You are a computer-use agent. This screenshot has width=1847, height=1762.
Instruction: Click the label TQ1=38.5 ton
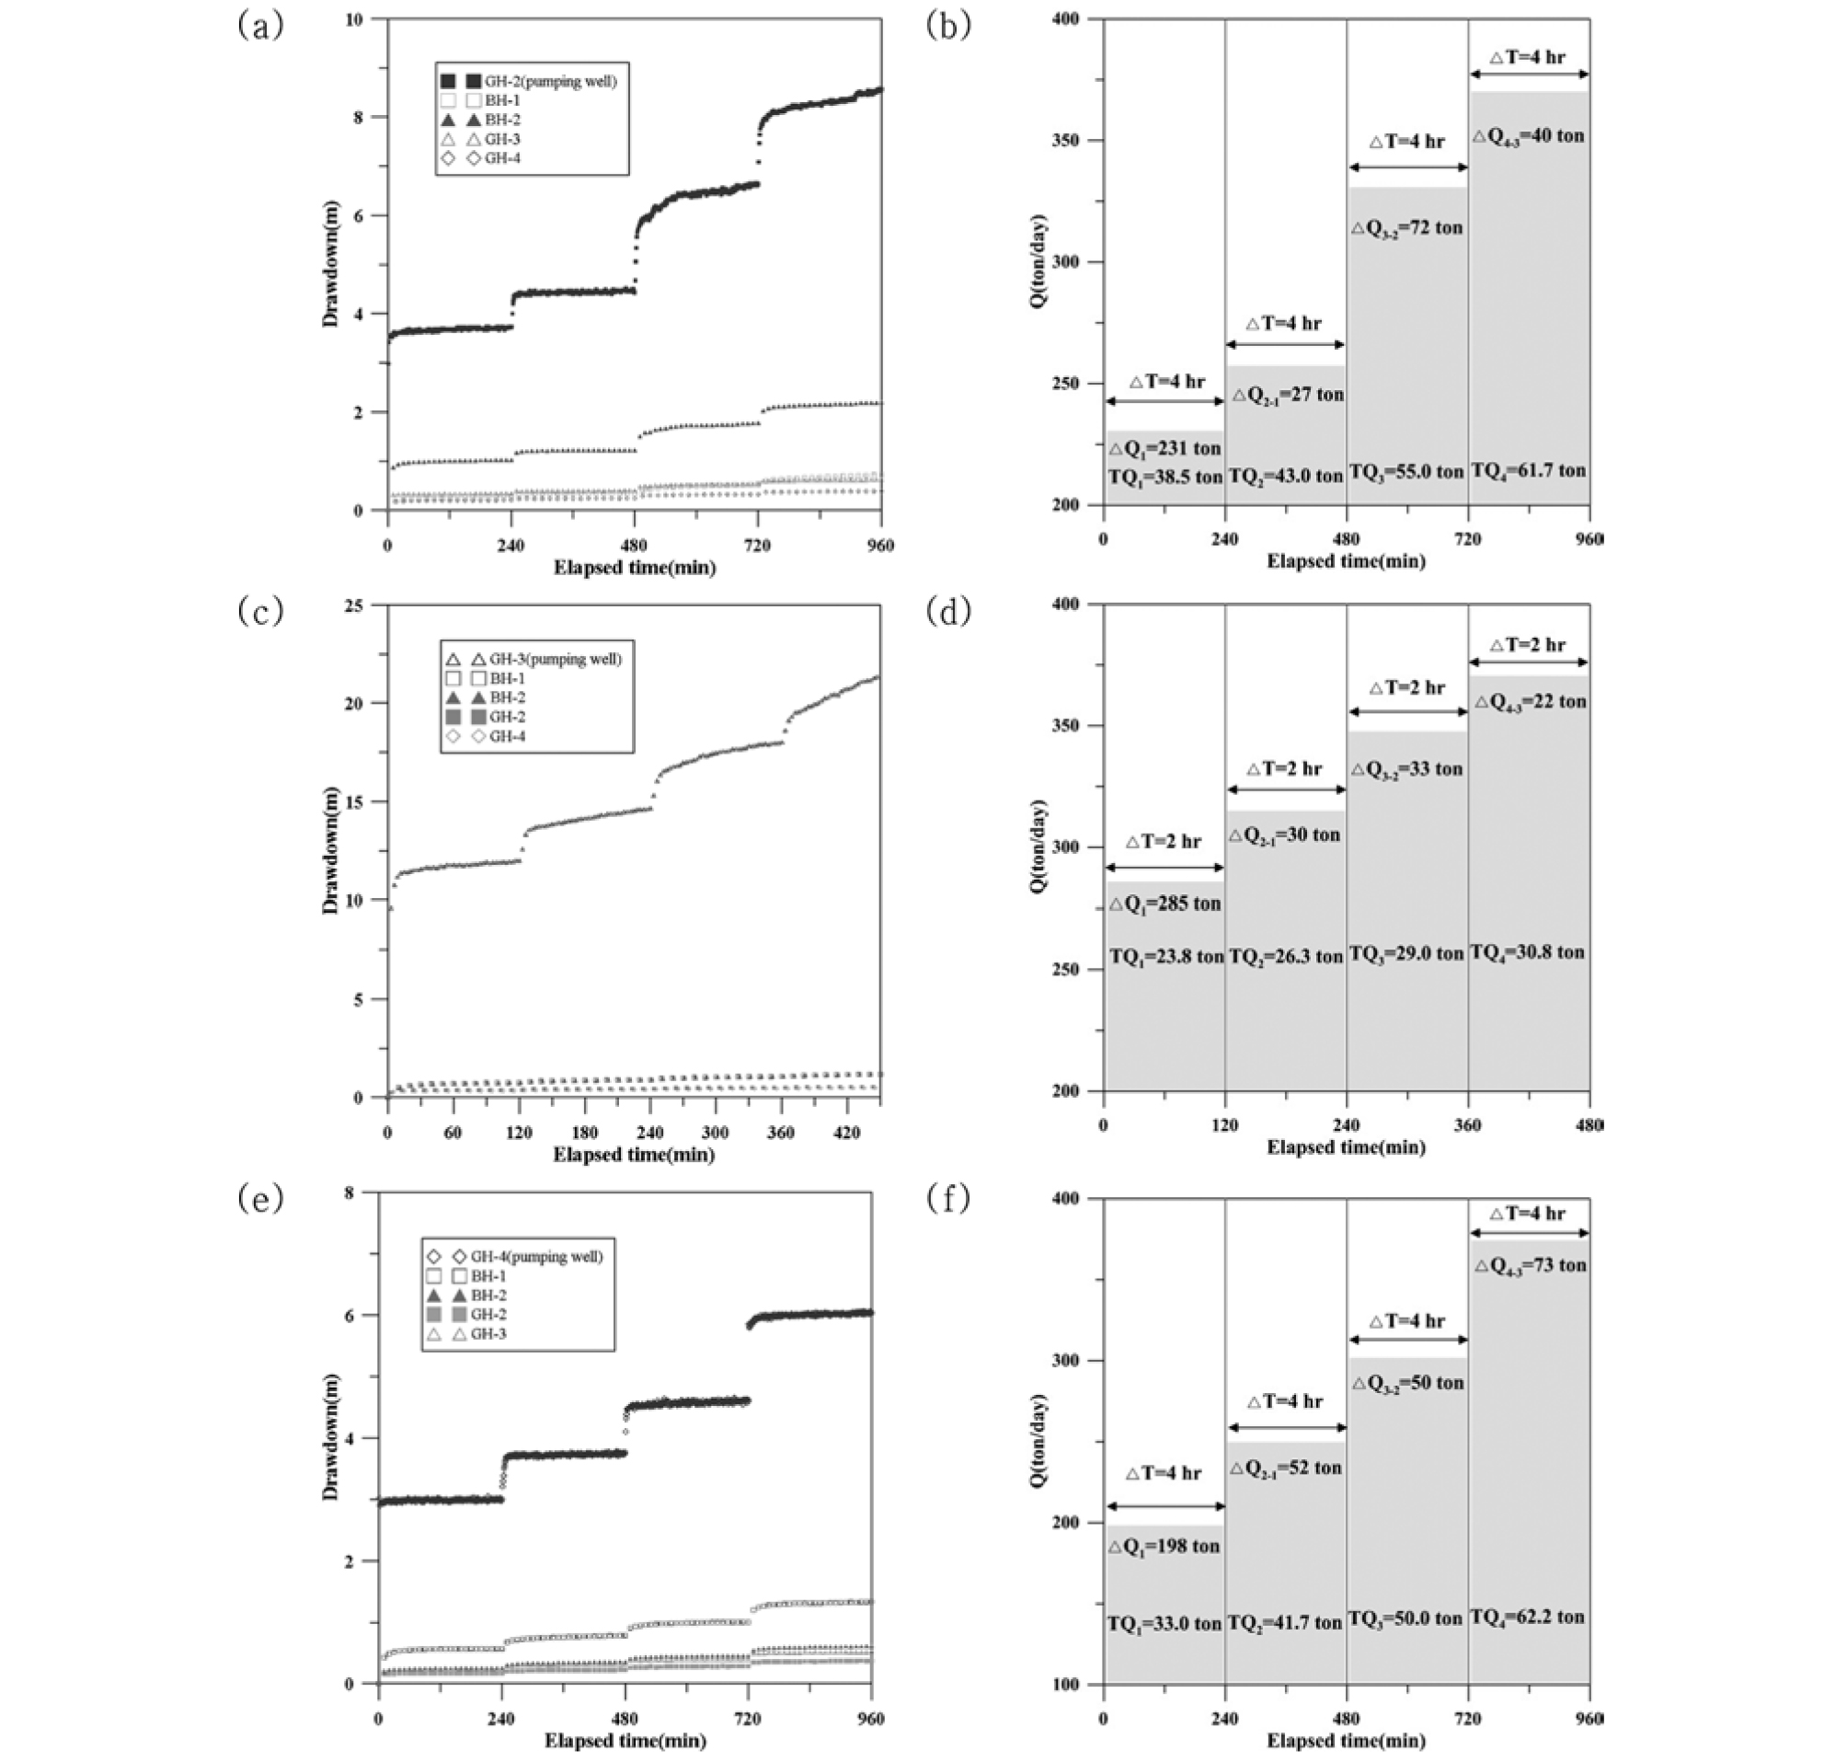(x=1164, y=478)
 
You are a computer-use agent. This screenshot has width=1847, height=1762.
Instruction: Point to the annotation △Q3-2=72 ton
(x=1406, y=228)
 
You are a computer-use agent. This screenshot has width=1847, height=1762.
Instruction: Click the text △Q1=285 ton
(x=1164, y=904)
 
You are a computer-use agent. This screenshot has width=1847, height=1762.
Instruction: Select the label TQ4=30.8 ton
(x=1527, y=952)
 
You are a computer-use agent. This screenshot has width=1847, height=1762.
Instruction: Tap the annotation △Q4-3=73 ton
(x=1530, y=1266)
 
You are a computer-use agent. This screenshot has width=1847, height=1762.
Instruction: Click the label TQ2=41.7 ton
(x=1286, y=1622)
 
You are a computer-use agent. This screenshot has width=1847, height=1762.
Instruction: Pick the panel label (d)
(x=948, y=613)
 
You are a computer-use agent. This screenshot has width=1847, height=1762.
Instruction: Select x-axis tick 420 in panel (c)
(x=846, y=1134)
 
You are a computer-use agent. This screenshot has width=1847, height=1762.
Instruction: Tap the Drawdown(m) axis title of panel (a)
(x=330, y=265)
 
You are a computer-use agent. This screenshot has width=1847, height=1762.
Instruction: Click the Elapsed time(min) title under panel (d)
(x=1346, y=1146)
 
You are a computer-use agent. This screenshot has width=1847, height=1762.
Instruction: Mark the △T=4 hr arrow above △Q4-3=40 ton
(x=1529, y=75)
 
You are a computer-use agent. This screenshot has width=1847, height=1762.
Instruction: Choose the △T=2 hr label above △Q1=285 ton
(x=1164, y=842)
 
